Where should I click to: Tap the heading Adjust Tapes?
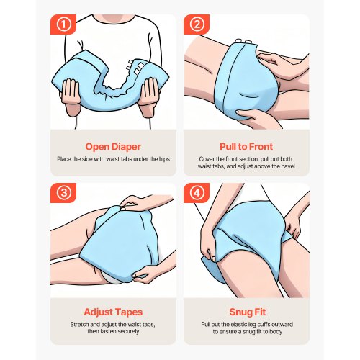click(113, 312)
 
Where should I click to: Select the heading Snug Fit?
click(247, 312)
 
